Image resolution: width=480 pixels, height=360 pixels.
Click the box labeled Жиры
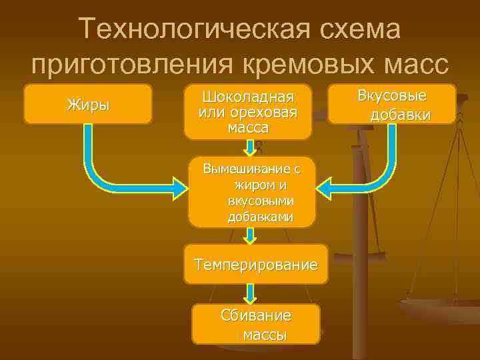pos(87,104)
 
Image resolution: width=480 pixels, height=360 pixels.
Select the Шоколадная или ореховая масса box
pos(247,111)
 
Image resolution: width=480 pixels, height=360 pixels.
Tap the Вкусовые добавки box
pos(392,104)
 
